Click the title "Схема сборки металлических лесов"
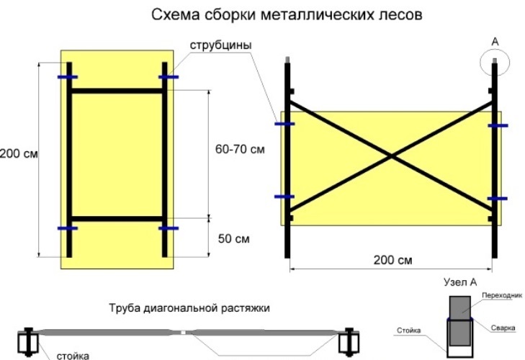pyautogui.click(x=287, y=14)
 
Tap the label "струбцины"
pyautogui.click(x=220, y=45)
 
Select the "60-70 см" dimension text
pyautogui.click(x=240, y=149)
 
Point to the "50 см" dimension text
pyautogui.click(x=234, y=239)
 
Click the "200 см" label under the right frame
pyautogui.click(x=392, y=260)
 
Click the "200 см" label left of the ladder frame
pyautogui.click(x=19, y=153)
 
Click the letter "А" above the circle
pyautogui.click(x=495, y=42)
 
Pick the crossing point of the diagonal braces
pyautogui.click(x=391, y=156)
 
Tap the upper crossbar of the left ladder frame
pyautogui.click(x=117, y=91)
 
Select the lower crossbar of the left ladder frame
pyautogui.click(x=117, y=219)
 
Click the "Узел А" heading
pyautogui.click(x=460, y=282)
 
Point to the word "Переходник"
pyautogui.click(x=502, y=295)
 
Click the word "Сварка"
pyautogui.click(x=503, y=328)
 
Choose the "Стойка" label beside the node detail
pyautogui.click(x=409, y=330)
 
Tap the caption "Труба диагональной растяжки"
pyautogui.click(x=189, y=307)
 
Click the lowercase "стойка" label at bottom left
pyautogui.click(x=73, y=355)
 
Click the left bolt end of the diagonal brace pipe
pyautogui.click(x=28, y=341)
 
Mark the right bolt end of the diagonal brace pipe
pyautogui.click(x=349, y=341)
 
